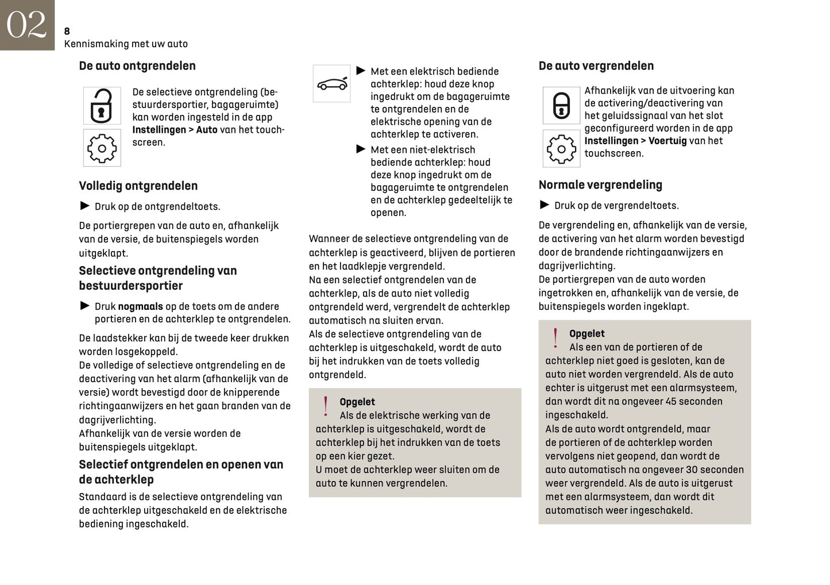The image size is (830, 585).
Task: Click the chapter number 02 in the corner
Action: click(26, 25)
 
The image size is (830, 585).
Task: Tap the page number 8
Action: click(67, 32)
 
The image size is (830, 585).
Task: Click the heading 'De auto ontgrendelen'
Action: click(137, 66)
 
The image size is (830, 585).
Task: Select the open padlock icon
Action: click(102, 106)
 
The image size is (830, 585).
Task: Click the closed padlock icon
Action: click(561, 106)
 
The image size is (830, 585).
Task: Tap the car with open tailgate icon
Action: click(331, 84)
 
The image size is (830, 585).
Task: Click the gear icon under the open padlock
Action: click(102, 148)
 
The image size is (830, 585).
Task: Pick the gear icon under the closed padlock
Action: click(561, 149)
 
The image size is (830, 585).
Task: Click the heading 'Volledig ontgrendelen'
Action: click(138, 186)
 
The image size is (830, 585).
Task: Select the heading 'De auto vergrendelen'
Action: click(596, 66)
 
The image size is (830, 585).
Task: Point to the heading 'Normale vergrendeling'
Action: click(600, 185)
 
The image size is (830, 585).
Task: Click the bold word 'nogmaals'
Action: click(140, 307)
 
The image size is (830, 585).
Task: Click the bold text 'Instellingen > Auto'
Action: click(175, 130)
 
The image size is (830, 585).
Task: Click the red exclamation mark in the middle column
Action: click(326, 406)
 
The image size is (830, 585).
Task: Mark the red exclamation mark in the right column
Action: click(555, 338)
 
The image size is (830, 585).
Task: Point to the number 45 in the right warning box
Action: click(671, 402)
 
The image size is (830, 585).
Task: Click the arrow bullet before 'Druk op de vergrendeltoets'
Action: click(545, 205)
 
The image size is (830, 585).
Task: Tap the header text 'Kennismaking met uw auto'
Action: click(126, 44)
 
